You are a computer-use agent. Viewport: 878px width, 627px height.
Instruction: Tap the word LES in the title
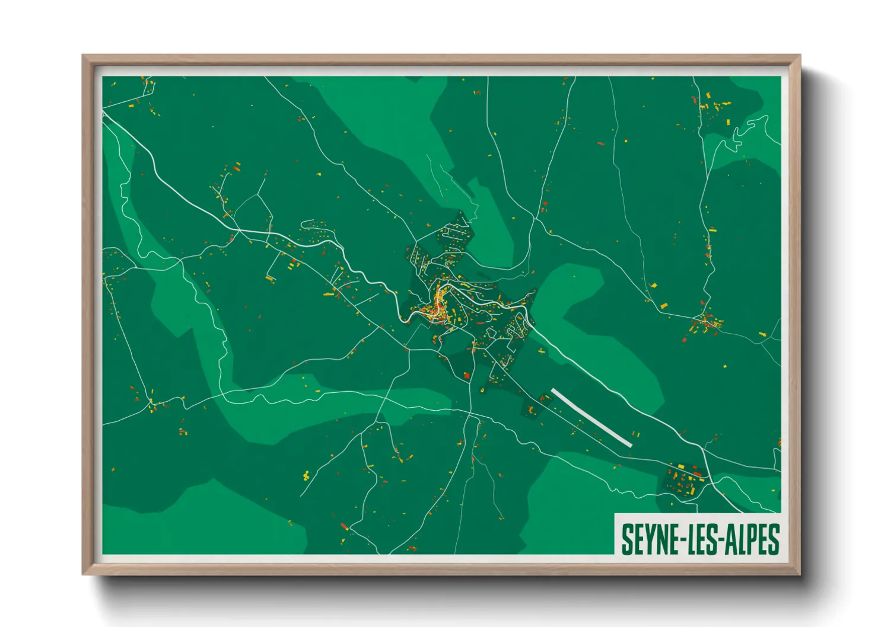[x=701, y=539]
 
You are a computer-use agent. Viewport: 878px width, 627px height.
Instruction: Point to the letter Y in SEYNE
[x=649, y=539]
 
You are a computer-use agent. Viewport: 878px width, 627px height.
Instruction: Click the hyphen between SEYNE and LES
[x=680, y=540]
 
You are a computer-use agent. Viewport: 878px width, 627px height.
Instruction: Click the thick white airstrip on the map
[x=591, y=417]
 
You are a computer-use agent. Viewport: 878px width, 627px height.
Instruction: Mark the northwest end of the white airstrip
[x=553, y=391]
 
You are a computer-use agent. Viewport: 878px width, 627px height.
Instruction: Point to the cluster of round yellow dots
[x=306, y=475]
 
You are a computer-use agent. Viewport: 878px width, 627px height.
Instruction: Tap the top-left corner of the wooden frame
[x=84, y=56]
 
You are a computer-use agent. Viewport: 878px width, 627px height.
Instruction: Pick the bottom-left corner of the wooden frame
[x=84, y=573]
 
